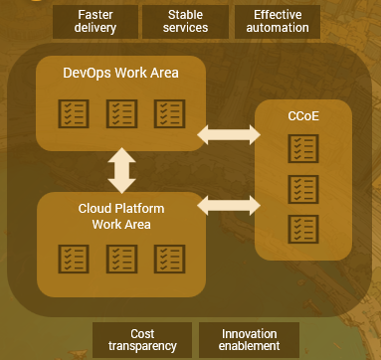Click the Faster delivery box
click(x=96, y=21)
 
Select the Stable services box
click(x=186, y=21)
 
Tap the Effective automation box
click(x=278, y=21)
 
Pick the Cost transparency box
click(x=142, y=339)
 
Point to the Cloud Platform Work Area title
click(x=120, y=216)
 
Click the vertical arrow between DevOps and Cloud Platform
click(x=121, y=169)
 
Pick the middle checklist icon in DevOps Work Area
click(x=121, y=114)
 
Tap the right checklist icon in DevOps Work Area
click(x=169, y=114)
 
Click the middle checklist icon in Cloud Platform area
click(x=121, y=259)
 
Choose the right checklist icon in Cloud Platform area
click(x=169, y=259)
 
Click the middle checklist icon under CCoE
click(x=302, y=188)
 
